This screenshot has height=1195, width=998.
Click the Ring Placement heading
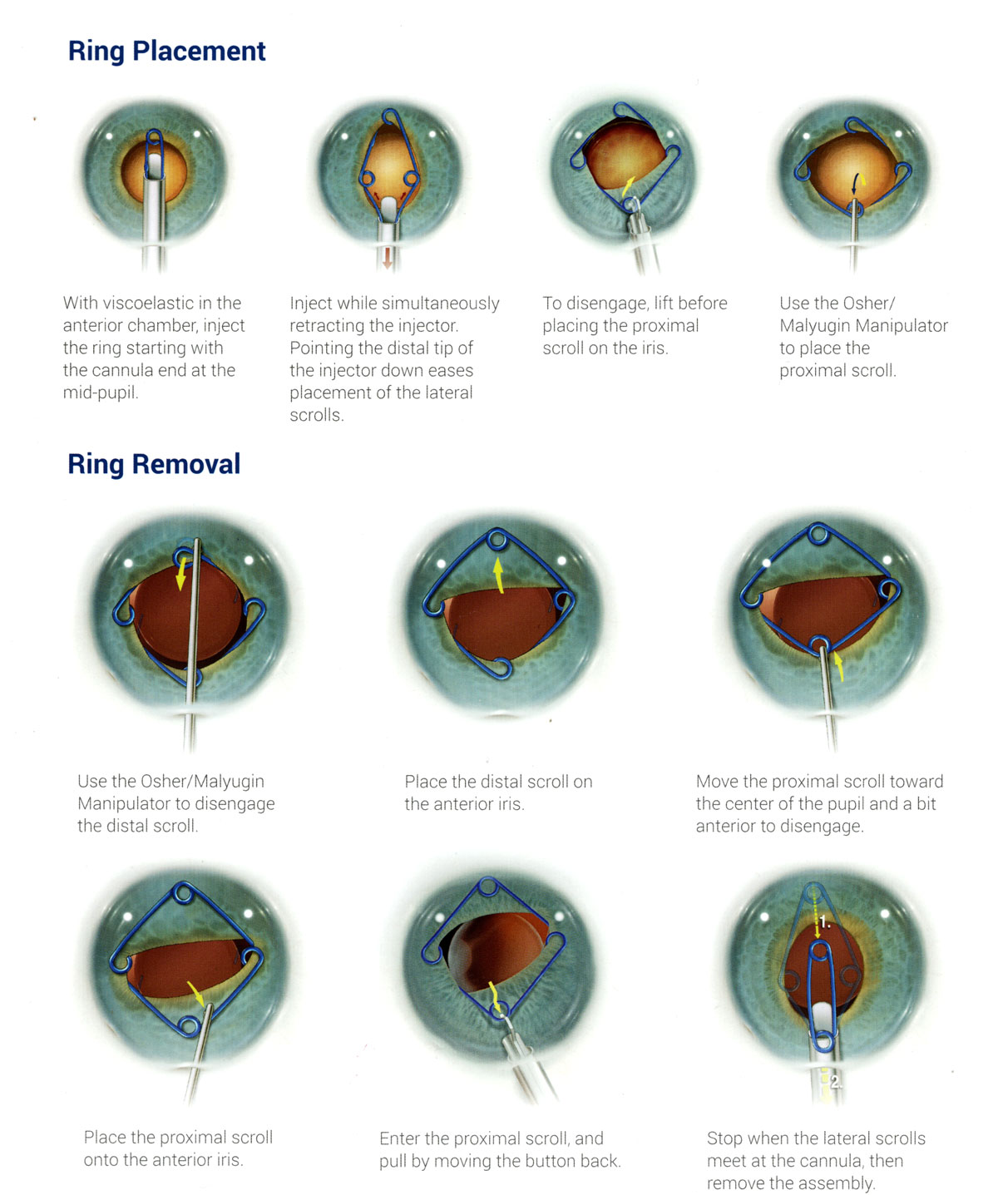(166, 52)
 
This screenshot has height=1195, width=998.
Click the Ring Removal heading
(154, 464)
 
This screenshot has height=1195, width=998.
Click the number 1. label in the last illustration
(824, 922)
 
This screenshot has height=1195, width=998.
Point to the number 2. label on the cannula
(835, 1082)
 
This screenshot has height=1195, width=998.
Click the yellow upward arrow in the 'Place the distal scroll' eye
(498, 574)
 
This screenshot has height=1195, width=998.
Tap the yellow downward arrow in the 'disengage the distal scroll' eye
(180, 574)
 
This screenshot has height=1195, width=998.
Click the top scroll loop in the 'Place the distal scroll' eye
(497, 541)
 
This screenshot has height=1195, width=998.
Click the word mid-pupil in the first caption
(100, 393)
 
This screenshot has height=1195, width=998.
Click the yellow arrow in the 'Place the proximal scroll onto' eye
(196, 992)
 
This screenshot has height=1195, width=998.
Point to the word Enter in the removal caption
(399, 1138)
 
